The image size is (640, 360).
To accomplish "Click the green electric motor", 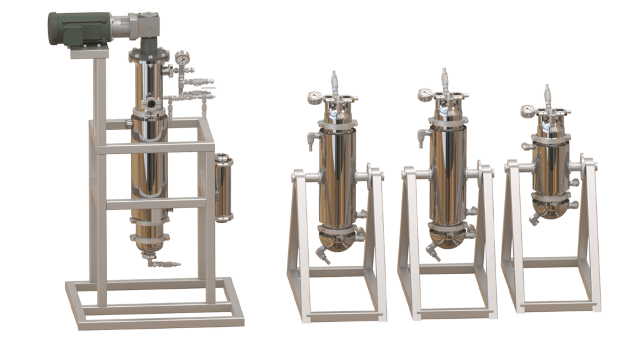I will (x=72, y=28).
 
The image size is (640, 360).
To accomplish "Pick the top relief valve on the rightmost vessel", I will (x=547, y=94).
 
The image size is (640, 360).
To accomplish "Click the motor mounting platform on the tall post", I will (x=87, y=52).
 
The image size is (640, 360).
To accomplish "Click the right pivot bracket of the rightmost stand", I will (x=588, y=164).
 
